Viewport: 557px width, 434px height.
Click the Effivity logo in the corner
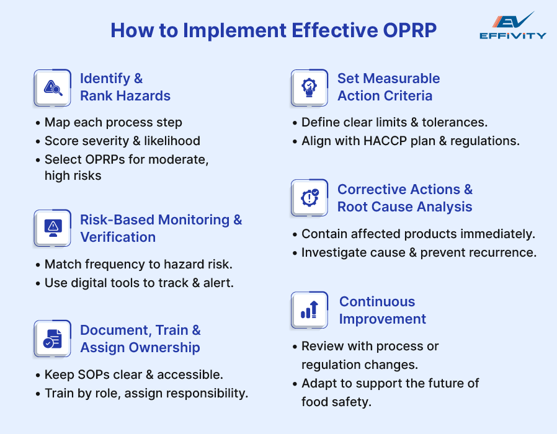pyautogui.click(x=512, y=25)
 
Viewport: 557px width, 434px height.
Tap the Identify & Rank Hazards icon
pyautogui.click(x=53, y=88)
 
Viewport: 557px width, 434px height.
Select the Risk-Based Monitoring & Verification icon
pyautogui.click(x=53, y=228)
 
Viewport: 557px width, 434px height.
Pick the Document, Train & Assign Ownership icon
pyautogui.click(x=53, y=339)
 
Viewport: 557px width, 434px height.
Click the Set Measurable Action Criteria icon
pyautogui.click(x=309, y=87)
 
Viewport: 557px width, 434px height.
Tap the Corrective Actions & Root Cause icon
pyautogui.click(x=309, y=198)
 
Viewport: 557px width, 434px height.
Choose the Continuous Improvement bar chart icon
pyautogui.click(x=309, y=309)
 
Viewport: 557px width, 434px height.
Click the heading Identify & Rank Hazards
pyautogui.click(x=125, y=87)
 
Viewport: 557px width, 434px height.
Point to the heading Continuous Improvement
pyautogui.click(x=382, y=310)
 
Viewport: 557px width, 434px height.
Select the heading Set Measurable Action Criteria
pyautogui.click(x=388, y=87)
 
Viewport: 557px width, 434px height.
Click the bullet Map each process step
pyautogui.click(x=113, y=123)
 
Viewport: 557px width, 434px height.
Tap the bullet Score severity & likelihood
pyautogui.click(x=122, y=141)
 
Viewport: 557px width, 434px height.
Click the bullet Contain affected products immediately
pyautogui.click(x=418, y=234)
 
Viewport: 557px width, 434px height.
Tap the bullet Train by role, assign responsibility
pyautogui.click(x=146, y=393)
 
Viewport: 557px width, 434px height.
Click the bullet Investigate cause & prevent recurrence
pyautogui.click(x=419, y=252)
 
